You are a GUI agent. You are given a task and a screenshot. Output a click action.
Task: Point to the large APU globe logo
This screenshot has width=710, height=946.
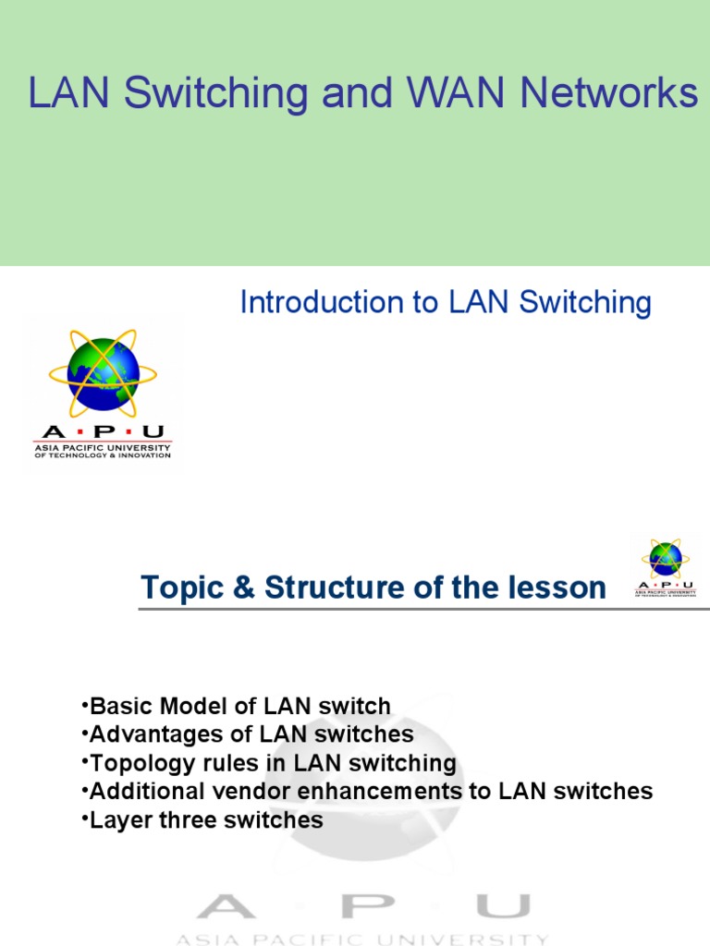(x=103, y=374)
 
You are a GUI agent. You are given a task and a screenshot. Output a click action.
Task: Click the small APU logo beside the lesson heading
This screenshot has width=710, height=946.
(x=666, y=566)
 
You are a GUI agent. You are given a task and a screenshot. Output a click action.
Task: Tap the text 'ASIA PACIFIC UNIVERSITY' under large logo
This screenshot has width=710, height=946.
(x=103, y=447)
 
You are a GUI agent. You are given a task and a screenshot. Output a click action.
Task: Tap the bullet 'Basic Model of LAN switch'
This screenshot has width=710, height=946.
(x=236, y=707)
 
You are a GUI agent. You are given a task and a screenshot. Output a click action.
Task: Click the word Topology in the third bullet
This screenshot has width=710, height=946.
(x=132, y=763)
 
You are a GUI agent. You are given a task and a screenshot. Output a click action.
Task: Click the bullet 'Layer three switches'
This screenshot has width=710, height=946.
(x=202, y=819)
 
